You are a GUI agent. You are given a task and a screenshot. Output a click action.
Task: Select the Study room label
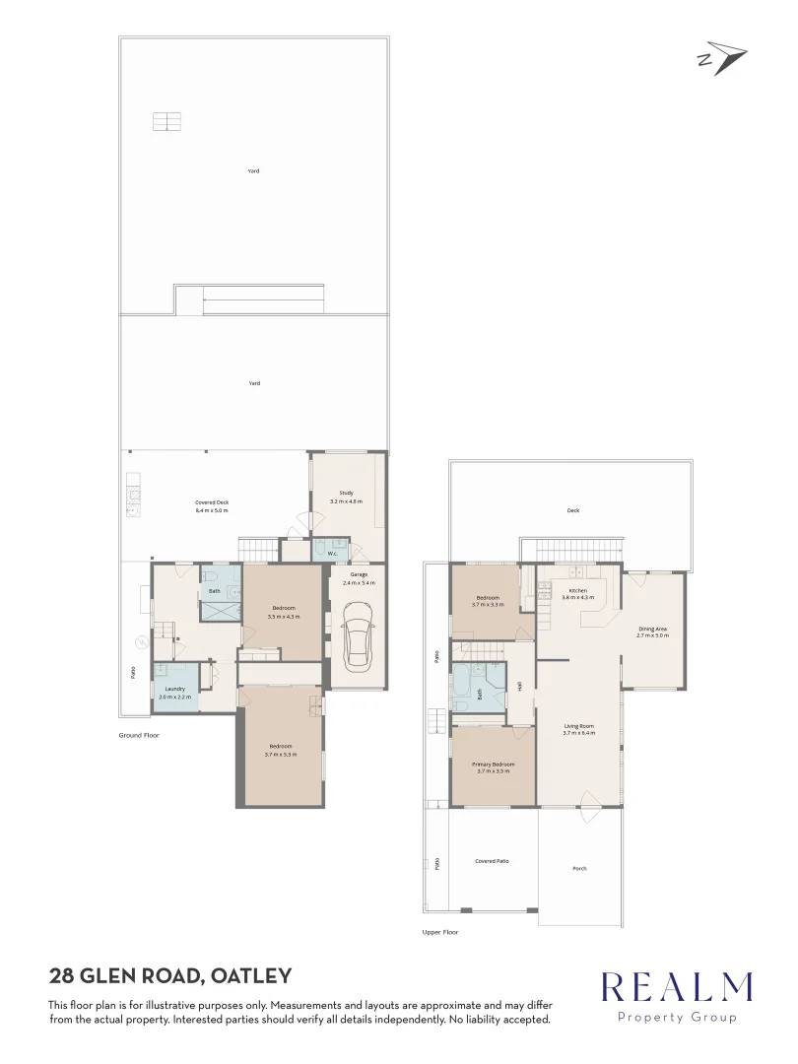coord(346,493)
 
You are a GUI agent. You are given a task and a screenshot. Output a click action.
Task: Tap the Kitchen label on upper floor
coord(577,590)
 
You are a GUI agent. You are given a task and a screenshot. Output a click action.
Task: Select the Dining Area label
coord(652,628)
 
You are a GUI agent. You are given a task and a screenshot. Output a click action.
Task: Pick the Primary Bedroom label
coord(493,764)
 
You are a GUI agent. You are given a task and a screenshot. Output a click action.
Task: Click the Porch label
coord(579,868)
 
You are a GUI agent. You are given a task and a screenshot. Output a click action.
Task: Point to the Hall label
coord(519,686)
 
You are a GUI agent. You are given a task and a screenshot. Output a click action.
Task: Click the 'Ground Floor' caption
coord(138,735)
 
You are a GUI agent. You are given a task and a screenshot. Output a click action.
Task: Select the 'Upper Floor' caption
coord(439,932)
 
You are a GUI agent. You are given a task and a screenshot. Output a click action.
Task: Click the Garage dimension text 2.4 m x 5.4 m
coord(359,583)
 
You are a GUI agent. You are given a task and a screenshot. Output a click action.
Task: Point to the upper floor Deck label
coord(572,510)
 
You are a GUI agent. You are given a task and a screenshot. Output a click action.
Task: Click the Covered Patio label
coord(492,861)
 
